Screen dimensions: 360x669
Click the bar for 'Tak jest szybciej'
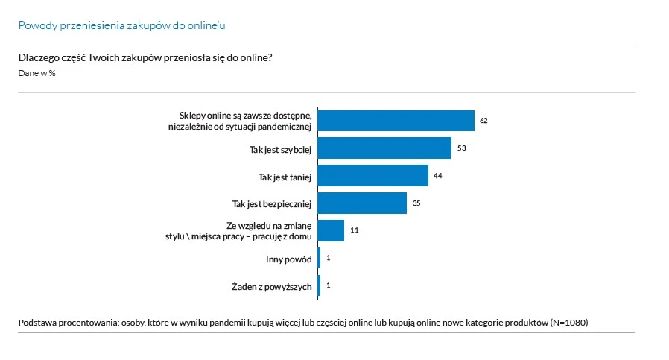click(x=385, y=148)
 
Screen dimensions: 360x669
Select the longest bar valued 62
click(x=397, y=121)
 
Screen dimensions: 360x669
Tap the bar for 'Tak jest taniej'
click(x=374, y=176)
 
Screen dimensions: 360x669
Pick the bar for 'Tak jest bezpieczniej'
click(x=363, y=203)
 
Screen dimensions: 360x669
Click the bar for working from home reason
click(x=332, y=230)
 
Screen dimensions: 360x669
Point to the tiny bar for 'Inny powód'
click(x=320, y=258)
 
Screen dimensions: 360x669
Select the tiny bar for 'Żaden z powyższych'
click(x=320, y=285)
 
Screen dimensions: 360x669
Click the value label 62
click(x=483, y=121)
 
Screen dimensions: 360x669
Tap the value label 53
click(x=461, y=148)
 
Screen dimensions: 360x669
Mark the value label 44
click(x=438, y=176)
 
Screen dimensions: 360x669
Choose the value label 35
click(x=416, y=203)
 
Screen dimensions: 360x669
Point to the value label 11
click(x=355, y=230)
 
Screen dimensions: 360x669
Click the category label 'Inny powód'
click(x=289, y=259)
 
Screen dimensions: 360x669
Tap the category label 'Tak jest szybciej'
click(x=280, y=149)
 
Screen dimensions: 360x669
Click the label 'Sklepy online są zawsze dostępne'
click(x=245, y=116)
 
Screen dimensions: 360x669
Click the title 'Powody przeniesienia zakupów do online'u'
click(x=122, y=25)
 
